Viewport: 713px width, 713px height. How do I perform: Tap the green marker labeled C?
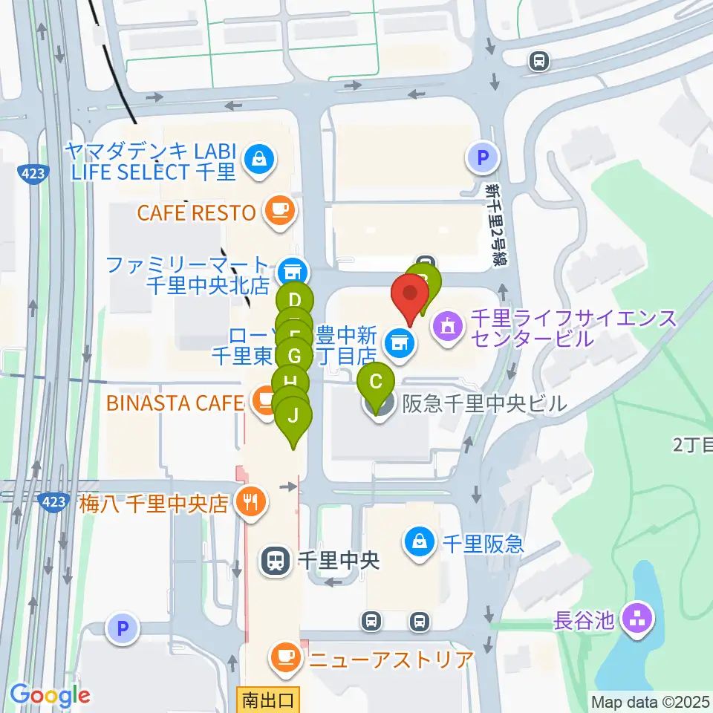tap(377, 383)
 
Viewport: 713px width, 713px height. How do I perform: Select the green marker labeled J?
tap(293, 417)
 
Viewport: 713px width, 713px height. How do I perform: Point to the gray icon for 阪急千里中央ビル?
tap(379, 406)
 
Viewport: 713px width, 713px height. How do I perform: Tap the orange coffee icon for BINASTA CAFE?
tap(264, 402)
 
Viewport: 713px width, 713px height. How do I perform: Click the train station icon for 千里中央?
tap(276, 560)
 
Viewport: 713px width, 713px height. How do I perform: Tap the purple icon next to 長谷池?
tap(638, 618)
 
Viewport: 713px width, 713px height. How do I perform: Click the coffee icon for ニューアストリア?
tap(286, 657)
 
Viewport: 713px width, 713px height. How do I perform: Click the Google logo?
tap(50, 696)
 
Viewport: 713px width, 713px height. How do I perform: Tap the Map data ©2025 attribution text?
tap(650, 701)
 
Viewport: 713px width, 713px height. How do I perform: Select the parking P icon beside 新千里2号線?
tap(482, 157)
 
